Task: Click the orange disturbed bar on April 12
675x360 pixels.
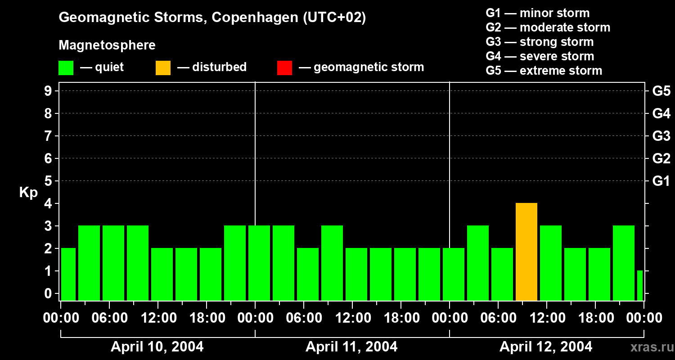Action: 526,252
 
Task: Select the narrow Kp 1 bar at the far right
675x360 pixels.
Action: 639,286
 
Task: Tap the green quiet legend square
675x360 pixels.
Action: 66,67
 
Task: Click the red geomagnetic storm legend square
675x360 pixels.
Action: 284,67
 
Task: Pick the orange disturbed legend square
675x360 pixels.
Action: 163,67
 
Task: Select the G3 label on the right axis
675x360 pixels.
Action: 661,136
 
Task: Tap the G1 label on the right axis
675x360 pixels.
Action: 661,181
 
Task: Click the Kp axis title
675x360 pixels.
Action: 28,193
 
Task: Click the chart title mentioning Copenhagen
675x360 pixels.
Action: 212,18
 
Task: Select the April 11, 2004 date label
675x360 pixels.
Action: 351,346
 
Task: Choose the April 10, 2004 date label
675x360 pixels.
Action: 157,346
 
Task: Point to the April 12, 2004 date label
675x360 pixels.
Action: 546,346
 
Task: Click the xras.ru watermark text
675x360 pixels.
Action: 650,347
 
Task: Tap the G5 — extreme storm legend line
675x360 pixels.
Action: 544,71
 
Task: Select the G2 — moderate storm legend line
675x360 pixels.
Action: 548,27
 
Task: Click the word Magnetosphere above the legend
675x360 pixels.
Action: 107,45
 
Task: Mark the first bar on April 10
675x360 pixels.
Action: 68,274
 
